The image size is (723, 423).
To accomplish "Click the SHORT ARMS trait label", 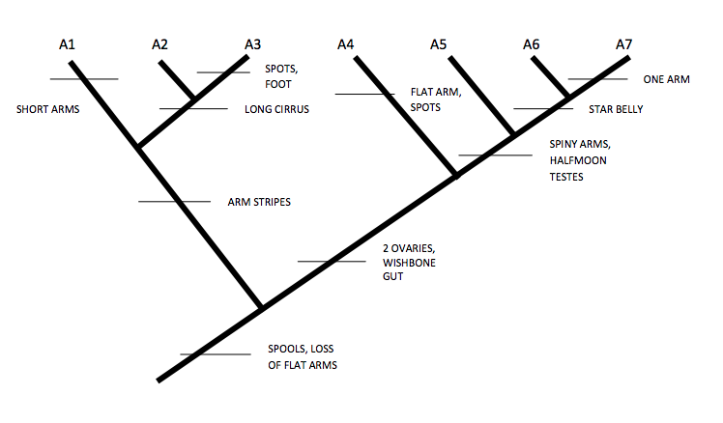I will coord(47,109).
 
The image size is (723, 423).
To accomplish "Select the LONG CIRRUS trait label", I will coord(276,109).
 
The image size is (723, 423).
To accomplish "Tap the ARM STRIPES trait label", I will coord(259,202).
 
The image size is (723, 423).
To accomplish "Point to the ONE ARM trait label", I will coord(666,79).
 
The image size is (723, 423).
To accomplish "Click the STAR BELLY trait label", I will coord(616,109).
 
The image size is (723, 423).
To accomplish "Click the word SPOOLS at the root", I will coord(287,349).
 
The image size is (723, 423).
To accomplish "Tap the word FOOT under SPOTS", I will coord(278,84).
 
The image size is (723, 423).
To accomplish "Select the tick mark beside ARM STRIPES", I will coord(174,201).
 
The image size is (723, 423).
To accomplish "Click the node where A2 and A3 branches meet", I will coord(197,99).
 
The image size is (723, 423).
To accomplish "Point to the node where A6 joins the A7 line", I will coord(568,95).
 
